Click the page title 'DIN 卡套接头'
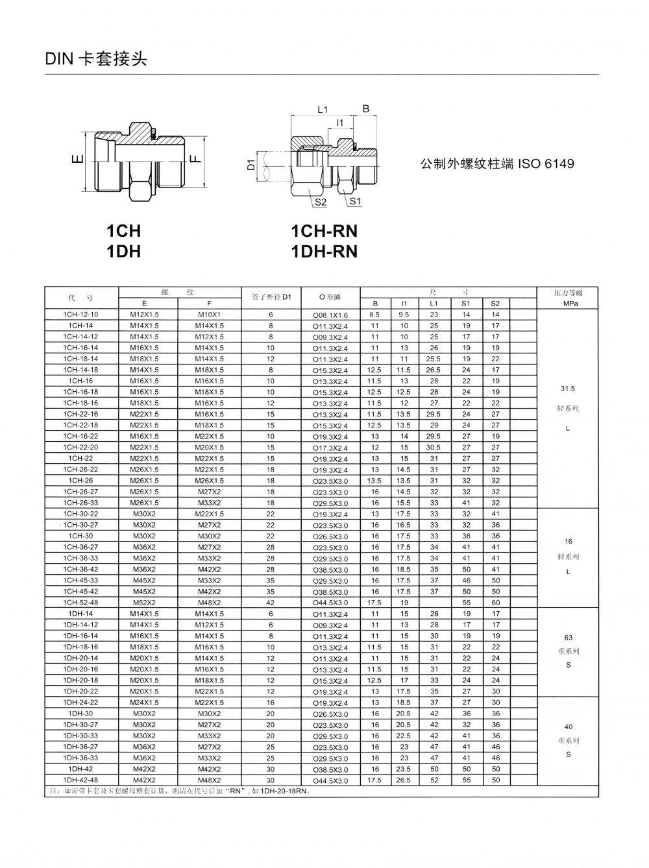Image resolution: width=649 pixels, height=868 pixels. (96, 59)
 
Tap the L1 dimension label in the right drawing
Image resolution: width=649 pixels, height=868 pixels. (323, 110)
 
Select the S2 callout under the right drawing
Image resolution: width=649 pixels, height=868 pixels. (320, 202)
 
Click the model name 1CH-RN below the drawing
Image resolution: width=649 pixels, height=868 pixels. (324, 231)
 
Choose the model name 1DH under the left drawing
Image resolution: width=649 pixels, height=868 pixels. (123, 251)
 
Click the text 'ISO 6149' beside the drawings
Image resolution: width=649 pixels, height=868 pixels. (545, 164)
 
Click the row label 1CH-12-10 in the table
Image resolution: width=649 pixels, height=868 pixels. (80, 314)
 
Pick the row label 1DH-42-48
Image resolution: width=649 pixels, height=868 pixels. (80, 780)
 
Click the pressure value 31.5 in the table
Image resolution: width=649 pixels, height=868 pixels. (568, 389)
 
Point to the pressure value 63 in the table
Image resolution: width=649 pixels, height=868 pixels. (569, 637)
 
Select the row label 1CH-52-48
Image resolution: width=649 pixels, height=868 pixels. (80, 602)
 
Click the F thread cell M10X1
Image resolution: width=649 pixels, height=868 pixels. (209, 314)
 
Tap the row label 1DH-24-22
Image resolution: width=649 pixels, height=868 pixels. (80, 703)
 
